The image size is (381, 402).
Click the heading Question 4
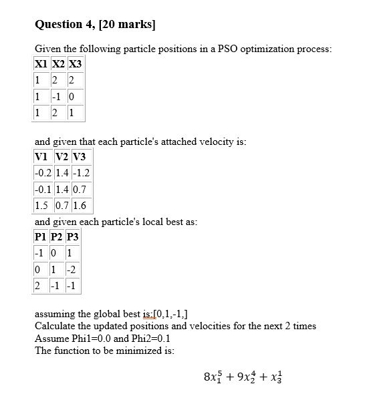click(x=95, y=25)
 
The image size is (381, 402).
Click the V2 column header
click(x=61, y=157)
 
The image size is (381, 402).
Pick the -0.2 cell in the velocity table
click(x=43, y=173)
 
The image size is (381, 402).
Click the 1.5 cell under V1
click(x=41, y=205)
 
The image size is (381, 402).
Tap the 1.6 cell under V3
click(x=78, y=205)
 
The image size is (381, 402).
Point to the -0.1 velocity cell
click(x=43, y=189)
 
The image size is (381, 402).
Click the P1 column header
click(x=41, y=238)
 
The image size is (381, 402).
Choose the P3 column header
click(x=72, y=238)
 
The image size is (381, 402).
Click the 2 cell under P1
click(x=39, y=286)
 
